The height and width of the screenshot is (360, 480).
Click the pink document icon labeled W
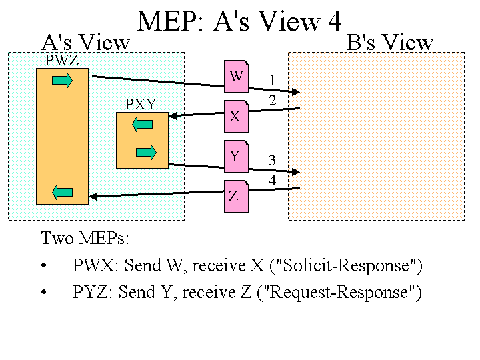pyautogui.click(x=236, y=76)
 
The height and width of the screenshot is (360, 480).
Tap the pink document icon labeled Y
pyautogui.click(x=235, y=156)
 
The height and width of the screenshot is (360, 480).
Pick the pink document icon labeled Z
pyautogui.click(x=235, y=196)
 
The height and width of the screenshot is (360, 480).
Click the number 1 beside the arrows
pyautogui.click(x=272, y=81)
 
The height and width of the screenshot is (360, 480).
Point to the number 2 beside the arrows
pyautogui.click(x=272, y=101)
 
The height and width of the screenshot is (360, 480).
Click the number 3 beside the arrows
pyautogui.click(x=272, y=160)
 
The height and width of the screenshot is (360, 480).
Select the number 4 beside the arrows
pyautogui.click(x=272, y=180)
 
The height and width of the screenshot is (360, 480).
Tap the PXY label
pyautogui.click(x=141, y=105)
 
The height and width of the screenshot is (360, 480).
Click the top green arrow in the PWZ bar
pyautogui.click(x=63, y=81)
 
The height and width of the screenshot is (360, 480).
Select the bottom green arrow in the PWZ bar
pyautogui.click(x=62, y=193)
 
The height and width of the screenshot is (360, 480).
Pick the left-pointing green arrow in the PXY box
pyautogui.click(x=142, y=124)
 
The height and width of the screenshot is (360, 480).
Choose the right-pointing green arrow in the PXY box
pyautogui.click(x=145, y=152)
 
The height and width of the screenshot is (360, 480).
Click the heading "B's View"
pyautogui.click(x=390, y=43)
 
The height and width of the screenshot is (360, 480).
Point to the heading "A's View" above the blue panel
pyautogui.click(x=85, y=43)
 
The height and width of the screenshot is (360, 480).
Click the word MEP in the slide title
pyautogui.click(x=170, y=22)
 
